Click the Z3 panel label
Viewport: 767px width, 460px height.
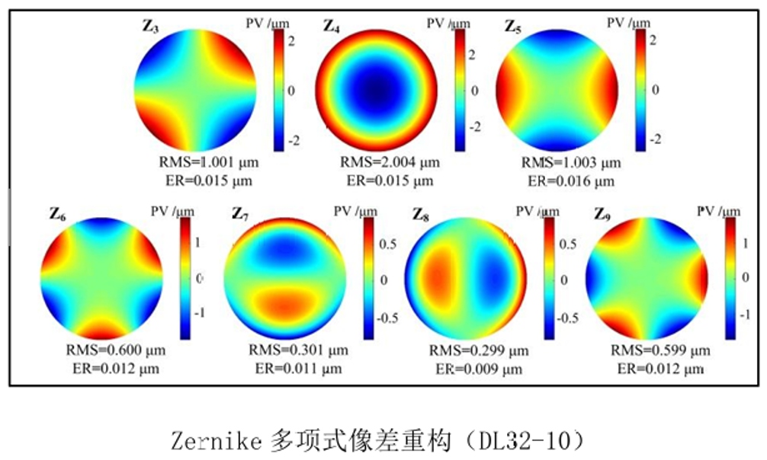click(150, 27)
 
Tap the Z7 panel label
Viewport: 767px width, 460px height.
click(240, 216)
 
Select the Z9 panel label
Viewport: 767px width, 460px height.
click(602, 216)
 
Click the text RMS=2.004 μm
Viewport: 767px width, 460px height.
click(390, 163)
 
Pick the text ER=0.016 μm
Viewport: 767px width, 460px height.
click(571, 181)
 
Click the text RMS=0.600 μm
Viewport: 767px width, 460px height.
click(116, 351)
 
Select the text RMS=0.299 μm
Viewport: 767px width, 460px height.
click(478, 351)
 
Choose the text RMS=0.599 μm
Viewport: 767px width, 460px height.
click(661, 351)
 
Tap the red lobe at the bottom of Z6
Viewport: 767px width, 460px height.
click(103, 330)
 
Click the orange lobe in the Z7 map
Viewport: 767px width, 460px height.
click(283, 305)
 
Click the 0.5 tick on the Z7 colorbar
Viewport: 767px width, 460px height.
click(387, 245)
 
